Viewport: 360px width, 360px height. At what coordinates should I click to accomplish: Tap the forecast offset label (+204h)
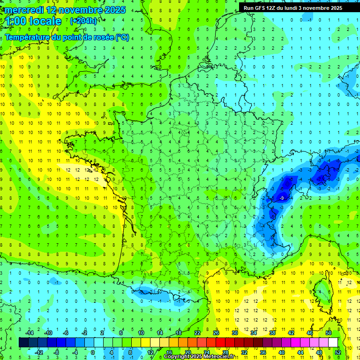83,21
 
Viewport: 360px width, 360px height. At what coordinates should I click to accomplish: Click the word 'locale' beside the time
45,21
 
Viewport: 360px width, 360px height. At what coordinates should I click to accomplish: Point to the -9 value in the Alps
281,198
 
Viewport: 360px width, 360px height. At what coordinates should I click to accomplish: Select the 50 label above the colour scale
328,332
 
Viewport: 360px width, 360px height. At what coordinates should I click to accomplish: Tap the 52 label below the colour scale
337,352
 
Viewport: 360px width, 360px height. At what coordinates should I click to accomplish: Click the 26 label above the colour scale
216,332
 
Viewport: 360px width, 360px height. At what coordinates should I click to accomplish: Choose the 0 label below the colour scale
93,352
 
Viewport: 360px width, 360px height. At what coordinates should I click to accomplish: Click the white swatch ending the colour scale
333,343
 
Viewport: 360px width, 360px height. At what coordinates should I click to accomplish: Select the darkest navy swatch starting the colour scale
23,343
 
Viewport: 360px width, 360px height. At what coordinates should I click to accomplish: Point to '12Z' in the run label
277,8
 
